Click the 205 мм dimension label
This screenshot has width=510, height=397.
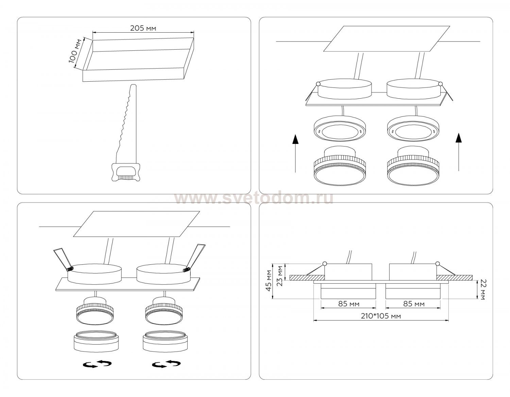[143, 28]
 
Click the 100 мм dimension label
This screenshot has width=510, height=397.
[75, 51]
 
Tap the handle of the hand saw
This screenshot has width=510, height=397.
[125, 172]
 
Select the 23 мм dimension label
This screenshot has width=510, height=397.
[280, 276]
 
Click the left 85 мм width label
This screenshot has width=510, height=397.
[349, 304]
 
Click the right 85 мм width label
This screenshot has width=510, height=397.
[414, 304]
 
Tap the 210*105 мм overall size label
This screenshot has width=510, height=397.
[381, 316]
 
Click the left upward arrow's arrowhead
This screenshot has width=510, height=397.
[295, 139]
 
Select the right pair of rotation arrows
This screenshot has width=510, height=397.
[166, 364]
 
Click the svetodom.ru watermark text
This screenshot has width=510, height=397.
[254, 198]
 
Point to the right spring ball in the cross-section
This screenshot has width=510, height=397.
[438, 264]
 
